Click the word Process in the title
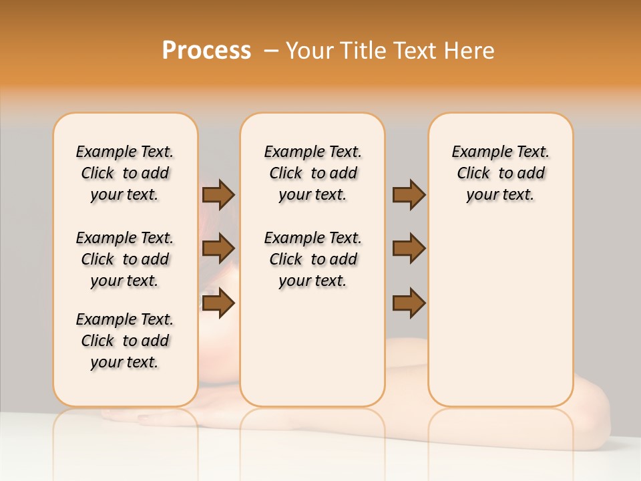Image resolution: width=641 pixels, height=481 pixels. click(x=206, y=51)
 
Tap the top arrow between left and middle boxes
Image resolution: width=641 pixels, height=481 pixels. click(x=218, y=194)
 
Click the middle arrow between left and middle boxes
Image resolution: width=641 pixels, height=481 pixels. click(x=218, y=249)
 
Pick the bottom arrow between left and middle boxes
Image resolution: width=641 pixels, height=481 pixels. click(x=218, y=303)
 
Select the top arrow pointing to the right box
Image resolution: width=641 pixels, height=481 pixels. click(x=409, y=194)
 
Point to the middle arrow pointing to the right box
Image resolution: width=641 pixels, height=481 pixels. click(x=409, y=249)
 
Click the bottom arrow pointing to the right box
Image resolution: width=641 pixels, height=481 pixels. click(x=409, y=303)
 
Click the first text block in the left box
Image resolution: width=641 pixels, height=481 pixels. click(x=125, y=173)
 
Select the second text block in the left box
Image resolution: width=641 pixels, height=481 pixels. click(x=125, y=259)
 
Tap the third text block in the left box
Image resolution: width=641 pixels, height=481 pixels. click(x=125, y=341)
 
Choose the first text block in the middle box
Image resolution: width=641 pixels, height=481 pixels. click(x=312, y=173)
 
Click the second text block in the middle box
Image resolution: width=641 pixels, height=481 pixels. click(x=312, y=259)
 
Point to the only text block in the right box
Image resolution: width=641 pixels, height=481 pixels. click(x=500, y=173)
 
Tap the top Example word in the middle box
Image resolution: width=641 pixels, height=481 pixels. click(x=290, y=152)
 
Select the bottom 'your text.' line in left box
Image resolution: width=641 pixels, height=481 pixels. click(x=125, y=362)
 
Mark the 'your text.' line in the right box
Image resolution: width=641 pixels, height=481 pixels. click(x=500, y=194)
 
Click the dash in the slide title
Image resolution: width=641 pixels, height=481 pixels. click(x=271, y=51)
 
